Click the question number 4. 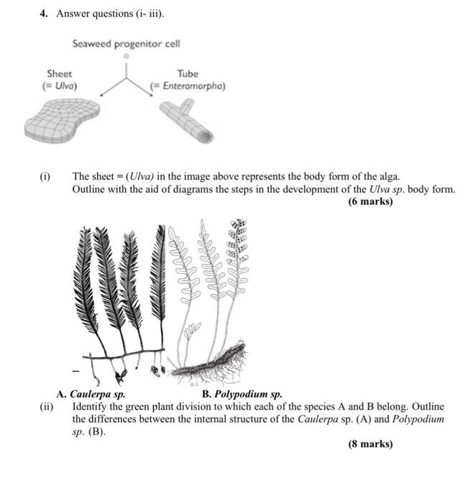pyautogui.click(x=43, y=13)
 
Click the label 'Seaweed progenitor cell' pyautogui.click(x=126, y=44)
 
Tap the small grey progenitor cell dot pyautogui.click(x=126, y=55)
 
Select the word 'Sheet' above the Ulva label pyautogui.click(x=59, y=73)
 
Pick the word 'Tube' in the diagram pyautogui.click(x=186, y=73)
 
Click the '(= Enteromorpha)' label pyautogui.click(x=187, y=86)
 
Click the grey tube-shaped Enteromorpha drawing pyautogui.click(x=186, y=121)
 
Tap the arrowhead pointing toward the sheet pyautogui.click(x=103, y=93)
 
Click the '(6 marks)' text pyautogui.click(x=370, y=201)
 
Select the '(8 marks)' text pyautogui.click(x=370, y=443)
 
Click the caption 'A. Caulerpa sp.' pyautogui.click(x=91, y=394)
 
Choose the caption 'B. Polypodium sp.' pyautogui.click(x=242, y=394)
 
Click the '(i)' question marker pyautogui.click(x=45, y=176)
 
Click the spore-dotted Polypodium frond pyautogui.click(x=235, y=244)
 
